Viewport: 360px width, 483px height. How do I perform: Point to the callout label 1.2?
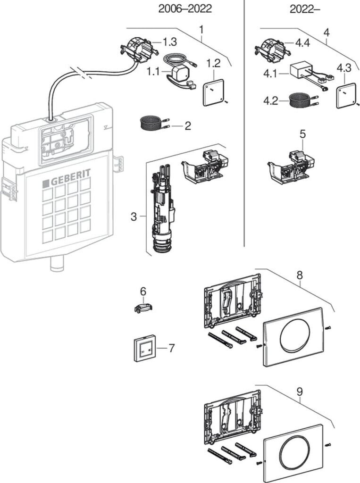pos(213,62)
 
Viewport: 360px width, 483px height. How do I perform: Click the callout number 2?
pos(187,126)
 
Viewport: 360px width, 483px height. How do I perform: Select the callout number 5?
pos(302,134)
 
